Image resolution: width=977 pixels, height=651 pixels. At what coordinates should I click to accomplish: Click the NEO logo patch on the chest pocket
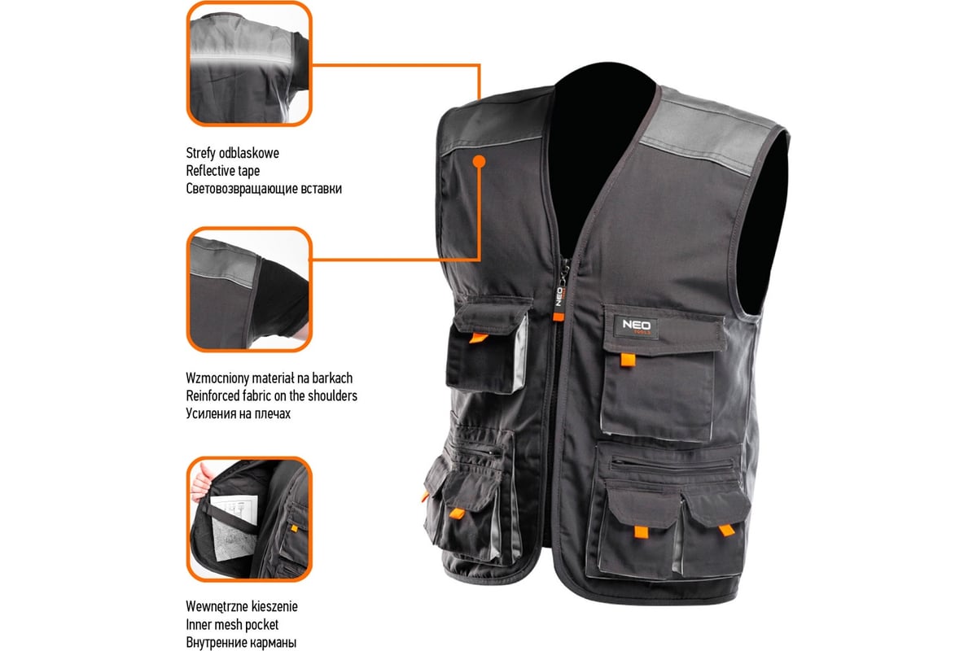coord(636,326)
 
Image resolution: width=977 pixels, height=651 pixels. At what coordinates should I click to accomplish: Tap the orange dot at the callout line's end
coord(479,162)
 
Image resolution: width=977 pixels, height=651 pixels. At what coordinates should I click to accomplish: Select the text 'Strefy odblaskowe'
coord(232,153)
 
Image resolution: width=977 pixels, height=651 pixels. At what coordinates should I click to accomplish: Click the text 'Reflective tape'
coord(222,171)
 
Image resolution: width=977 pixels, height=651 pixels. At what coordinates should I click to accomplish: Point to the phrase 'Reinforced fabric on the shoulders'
coord(271,395)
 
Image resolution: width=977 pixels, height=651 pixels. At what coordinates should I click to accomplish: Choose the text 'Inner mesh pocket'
coord(232,624)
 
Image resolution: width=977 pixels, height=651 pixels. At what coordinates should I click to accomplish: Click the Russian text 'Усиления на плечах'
coord(238,413)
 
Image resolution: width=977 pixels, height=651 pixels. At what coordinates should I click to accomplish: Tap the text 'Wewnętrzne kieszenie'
coord(242,606)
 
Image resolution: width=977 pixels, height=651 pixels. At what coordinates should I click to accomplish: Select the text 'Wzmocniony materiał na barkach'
coord(269,378)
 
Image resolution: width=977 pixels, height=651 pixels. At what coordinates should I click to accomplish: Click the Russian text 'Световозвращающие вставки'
coord(264,189)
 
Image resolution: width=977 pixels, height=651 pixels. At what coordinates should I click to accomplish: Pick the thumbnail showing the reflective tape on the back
coord(249,63)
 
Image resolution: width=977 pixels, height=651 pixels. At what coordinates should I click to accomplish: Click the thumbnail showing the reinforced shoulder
coord(249,289)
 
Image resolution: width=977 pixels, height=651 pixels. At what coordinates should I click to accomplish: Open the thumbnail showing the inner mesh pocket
coord(249,519)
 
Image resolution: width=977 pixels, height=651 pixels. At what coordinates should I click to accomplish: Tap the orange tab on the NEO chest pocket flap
coord(628,360)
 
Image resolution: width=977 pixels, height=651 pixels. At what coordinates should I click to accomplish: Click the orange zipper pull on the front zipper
coord(559,317)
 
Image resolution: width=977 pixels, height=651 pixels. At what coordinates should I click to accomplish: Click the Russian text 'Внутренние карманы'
coord(241,642)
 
